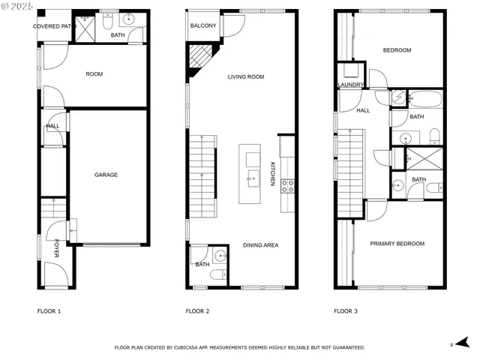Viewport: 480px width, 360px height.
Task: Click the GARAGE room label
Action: pyautogui.click(x=106, y=175)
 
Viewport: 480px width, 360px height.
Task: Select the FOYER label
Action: pyautogui.click(x=56, y=248)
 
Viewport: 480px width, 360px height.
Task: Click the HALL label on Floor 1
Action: pyautogui.click(x=53, y=126)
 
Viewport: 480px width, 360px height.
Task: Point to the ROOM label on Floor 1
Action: pyautogui.click(x=94, y=74)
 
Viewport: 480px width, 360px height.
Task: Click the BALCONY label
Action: pyautogui.click(x=202, y=26)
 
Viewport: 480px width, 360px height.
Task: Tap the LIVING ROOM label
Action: pyautogui.click(x=246, y=76)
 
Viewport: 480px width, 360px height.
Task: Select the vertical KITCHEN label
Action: pyautogui.click(x=272, y=174)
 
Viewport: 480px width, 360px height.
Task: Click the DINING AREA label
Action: pyautogui.click(x=260, y=244)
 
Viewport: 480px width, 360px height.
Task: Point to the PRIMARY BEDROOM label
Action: pyautogui.click(x=397, y=244)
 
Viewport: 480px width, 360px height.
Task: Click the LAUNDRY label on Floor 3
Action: pyautogui.click(x=351, y=85)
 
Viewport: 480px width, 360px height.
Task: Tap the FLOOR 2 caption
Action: pyautogui.click(x=197, y=310)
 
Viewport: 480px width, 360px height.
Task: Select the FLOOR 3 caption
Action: pyautogui.click(x=346, y=310)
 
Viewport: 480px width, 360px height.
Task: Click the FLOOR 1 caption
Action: pyautogui.click(x=49, y=310)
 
